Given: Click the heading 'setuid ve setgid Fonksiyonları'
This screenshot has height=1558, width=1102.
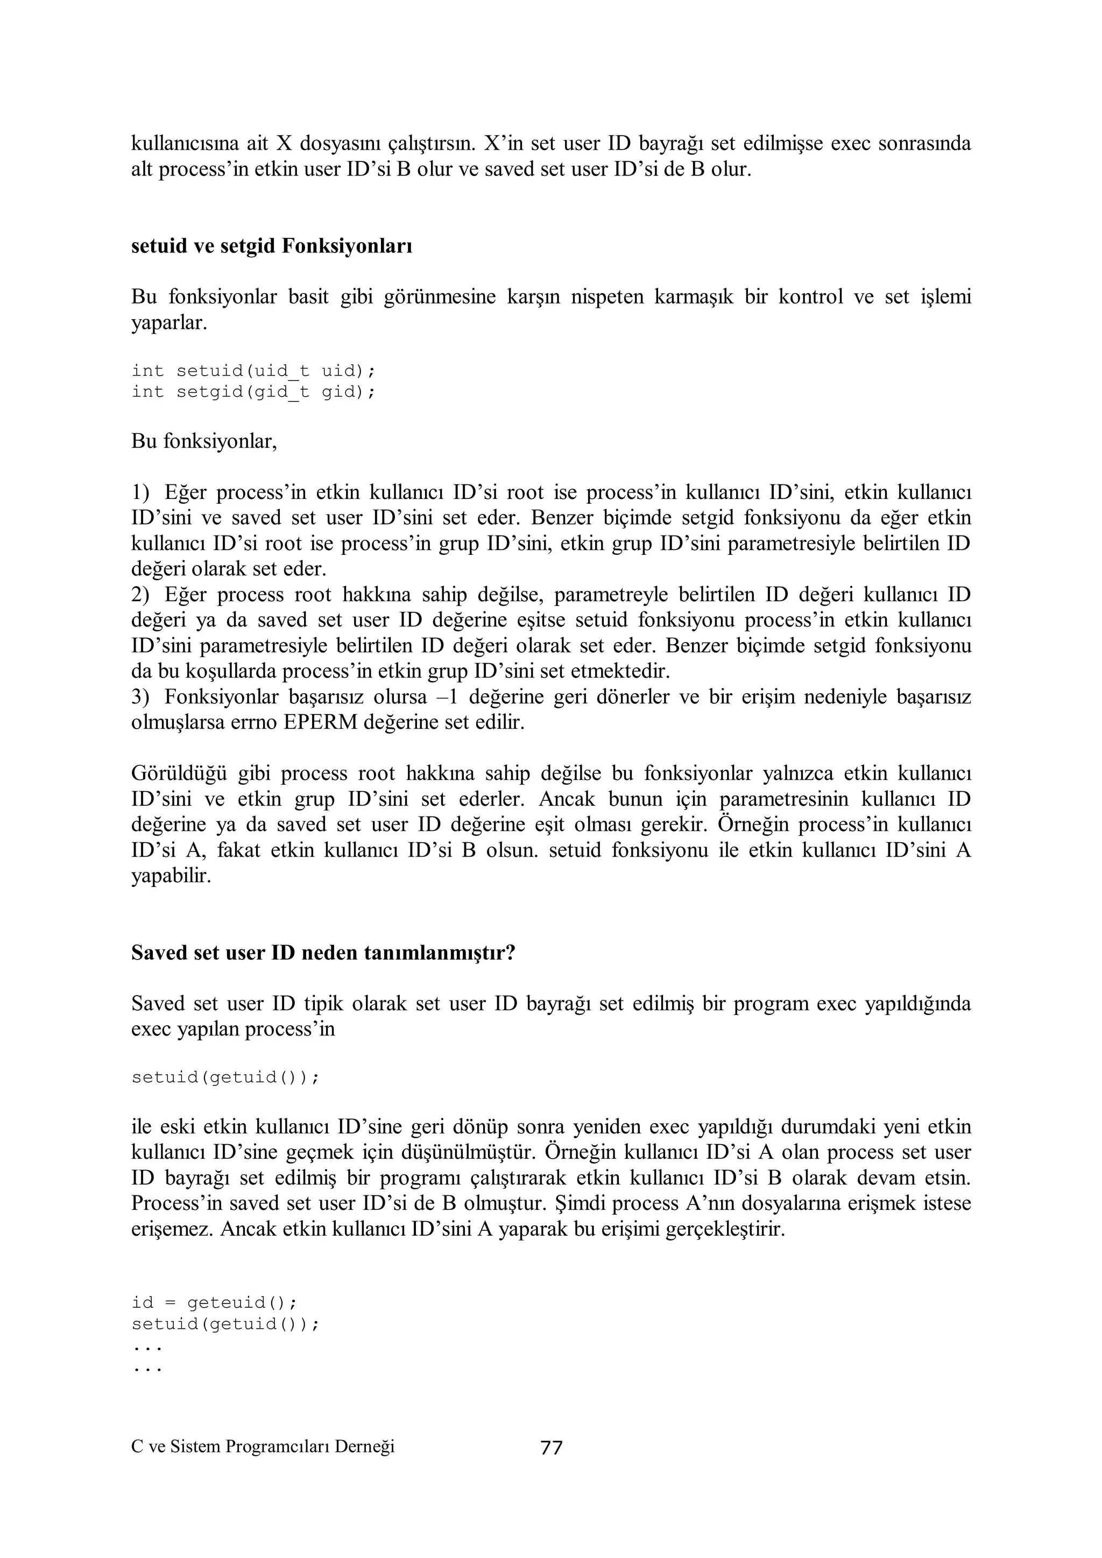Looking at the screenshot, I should (x=271, y=245).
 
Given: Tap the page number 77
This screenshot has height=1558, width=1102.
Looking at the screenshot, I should (x=551, y=1448).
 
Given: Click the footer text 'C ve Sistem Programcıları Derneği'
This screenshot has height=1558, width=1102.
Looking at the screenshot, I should (x=263, y=1447).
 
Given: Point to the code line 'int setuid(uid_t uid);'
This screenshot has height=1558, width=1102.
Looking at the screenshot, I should (x=253, y=371).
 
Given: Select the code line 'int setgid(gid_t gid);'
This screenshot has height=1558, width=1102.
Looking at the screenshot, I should (x=253, y=392).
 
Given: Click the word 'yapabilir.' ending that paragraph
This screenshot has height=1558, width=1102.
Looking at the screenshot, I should (x=171, y=877).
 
